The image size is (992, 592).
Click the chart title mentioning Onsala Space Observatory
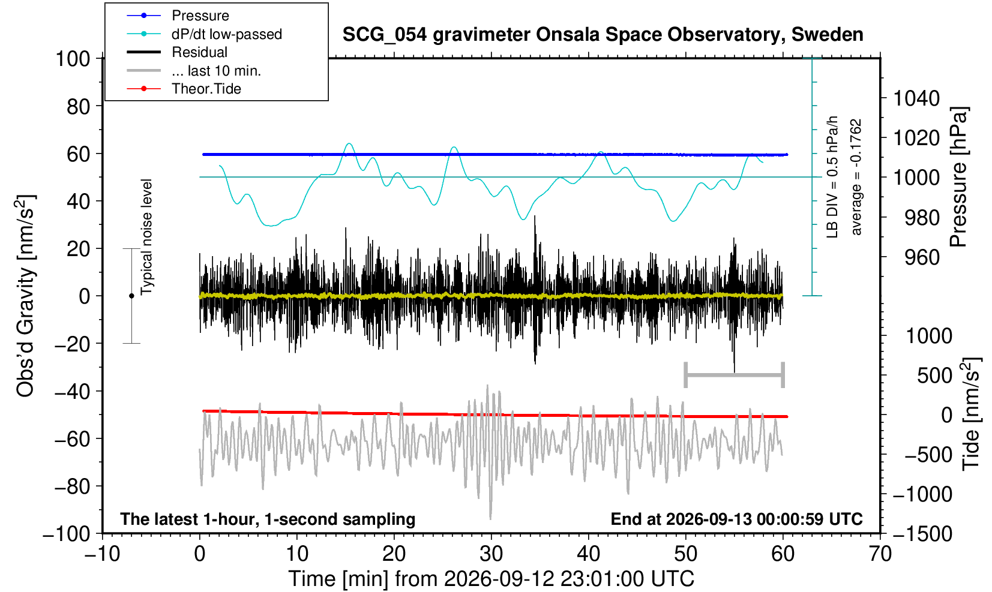[603, 35]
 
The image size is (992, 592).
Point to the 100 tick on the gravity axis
[73, 59]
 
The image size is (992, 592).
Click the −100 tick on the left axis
[67, 534]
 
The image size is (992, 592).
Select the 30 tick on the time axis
[491, 554]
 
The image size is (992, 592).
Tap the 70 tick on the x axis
[880, 554]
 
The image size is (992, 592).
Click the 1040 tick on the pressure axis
[916, 98]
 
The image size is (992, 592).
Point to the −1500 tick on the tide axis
[922, 534]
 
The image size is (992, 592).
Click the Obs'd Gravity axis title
[25, 296]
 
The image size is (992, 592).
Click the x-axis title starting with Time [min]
[491, 579]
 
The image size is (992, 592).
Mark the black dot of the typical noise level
[131, 296]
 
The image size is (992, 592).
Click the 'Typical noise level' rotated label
[146, 238]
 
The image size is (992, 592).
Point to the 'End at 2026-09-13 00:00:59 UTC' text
[736, 519]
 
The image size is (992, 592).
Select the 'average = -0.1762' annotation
[856, 177]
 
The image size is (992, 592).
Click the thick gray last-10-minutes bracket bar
[735, 375]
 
